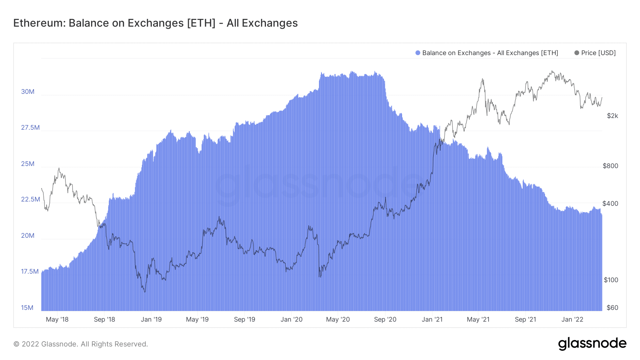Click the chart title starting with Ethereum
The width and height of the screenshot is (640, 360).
(155, 23)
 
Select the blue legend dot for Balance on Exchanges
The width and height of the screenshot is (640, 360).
(418, 53)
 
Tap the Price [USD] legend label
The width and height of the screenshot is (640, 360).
(598, 53)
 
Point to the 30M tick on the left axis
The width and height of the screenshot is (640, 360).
(28, 92)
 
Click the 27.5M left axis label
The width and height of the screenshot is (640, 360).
(30, 128)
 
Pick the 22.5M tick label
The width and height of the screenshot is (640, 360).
(30, 199)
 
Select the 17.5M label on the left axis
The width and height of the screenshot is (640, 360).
(30, 272)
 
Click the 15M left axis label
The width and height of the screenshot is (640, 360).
(27, 308)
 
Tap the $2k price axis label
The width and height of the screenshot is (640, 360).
(612, 116)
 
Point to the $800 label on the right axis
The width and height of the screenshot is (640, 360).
(610, 166)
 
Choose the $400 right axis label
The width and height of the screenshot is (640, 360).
(610, 204)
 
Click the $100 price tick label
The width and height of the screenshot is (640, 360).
(611, 280)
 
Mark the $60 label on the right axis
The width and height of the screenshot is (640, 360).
(612, 308)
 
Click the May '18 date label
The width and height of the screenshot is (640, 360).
(57, 319)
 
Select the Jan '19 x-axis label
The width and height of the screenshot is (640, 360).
(151, 319)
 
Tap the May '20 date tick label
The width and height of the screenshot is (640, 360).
(338, 319)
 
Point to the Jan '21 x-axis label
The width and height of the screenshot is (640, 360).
(432, 319)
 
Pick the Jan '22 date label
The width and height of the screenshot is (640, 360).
(572, 319)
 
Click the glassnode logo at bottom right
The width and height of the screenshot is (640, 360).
(592, 344)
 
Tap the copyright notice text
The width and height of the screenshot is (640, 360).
(81, 344)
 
